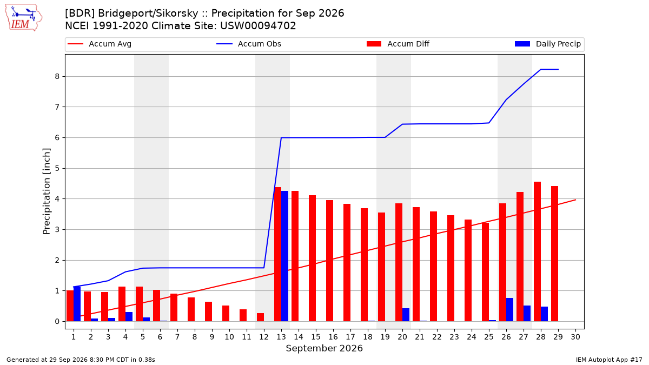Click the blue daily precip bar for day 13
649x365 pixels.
coord(284,256)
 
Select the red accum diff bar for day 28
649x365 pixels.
coord(537,251)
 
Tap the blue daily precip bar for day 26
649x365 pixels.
coord(509,310)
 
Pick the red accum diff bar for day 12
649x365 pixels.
coord(261,317)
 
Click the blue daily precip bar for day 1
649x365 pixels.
coord(77,304)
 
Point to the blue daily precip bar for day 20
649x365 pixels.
coord(406,315)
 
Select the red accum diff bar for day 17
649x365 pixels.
coord(347,262)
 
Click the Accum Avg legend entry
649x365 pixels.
coord(100,44)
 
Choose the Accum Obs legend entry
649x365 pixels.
coord(249,44)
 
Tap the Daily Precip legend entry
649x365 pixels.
coord(547,44)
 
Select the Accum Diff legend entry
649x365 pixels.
coord(398,44)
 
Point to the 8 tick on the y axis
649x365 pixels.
coord(65,76)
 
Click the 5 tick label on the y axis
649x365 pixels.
coord(57,168)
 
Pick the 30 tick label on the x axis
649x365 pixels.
coord(575,337)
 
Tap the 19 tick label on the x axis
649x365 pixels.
coord(385,337)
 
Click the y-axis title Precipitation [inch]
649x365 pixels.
coord(47,191)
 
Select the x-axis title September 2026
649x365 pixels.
coord(324,348)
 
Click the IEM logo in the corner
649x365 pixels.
coord(23,18)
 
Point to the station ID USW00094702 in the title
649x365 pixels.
coord(258,26)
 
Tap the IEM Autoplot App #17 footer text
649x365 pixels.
coord(609,360)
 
